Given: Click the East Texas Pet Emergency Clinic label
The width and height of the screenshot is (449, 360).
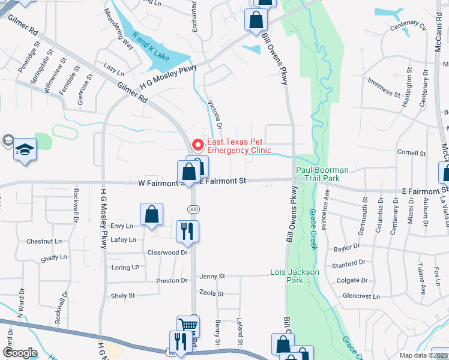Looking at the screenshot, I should tap(239, 146).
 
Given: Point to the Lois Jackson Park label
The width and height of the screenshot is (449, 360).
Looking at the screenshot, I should tap(295, 276).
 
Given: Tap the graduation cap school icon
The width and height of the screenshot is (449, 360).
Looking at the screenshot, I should tap(25, 149).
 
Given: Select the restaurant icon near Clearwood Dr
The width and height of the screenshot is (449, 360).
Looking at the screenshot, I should tap(187, 231).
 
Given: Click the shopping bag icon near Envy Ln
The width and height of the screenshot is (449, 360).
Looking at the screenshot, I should tap(151, 214).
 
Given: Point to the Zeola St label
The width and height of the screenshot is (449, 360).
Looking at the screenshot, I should tap(211, 294).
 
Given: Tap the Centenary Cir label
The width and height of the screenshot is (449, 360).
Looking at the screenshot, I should tap(408, 28).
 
